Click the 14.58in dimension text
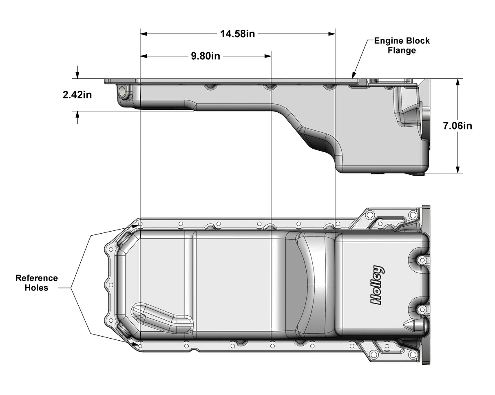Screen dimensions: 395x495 pos(237,34)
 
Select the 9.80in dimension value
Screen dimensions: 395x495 pos(206,56)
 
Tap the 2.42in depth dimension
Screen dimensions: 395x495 pos(77,95)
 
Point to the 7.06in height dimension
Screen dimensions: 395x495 pos(457,126)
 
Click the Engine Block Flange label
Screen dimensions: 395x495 pos(402,45)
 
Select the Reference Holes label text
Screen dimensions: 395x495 pos(36,283)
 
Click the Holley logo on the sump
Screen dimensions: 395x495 pos(377,285)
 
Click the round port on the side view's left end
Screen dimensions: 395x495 pos(122,92)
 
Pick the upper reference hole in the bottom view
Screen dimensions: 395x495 pos(140,224)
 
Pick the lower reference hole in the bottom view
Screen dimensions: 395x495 pos(140,346)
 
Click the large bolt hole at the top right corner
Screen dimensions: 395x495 pos(413,215)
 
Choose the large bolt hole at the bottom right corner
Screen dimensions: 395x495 pos(413,354)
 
